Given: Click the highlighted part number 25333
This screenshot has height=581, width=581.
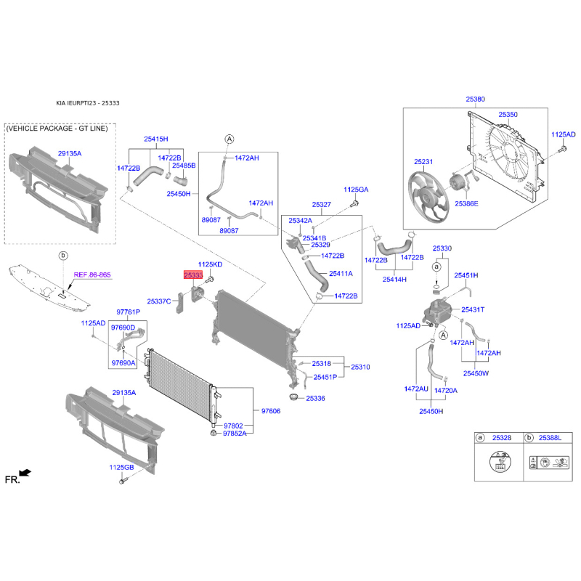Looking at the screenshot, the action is point(193,275).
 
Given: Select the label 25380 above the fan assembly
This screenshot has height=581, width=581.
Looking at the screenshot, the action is point(475,99).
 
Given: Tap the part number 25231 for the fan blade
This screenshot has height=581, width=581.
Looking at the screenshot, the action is point(423,161).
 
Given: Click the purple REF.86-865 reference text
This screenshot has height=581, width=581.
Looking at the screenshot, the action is point(92,275).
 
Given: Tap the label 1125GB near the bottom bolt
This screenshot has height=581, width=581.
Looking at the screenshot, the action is point(121,467).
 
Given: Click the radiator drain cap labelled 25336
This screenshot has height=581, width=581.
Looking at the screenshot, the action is point(294,397).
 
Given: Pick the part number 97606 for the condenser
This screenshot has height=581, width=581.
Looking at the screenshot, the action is point(271,411).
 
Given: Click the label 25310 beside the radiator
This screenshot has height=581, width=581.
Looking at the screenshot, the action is point(360,367).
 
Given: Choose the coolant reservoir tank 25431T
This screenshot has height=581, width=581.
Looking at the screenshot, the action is point(437,312).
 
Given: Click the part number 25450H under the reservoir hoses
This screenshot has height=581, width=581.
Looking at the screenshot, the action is point(431,411).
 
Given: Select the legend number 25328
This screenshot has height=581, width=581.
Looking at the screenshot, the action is point(502,438).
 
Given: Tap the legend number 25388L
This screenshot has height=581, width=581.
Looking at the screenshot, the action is point(550,438).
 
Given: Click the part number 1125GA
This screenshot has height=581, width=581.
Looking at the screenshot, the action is point(356,190).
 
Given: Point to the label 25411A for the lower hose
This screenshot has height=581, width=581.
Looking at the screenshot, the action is point(341,274).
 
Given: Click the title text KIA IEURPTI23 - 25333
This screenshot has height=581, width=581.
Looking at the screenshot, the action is point(88,103).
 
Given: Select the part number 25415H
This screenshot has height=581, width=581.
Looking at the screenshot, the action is point(156,139).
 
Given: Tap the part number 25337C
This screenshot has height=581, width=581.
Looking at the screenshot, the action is point(159,301).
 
